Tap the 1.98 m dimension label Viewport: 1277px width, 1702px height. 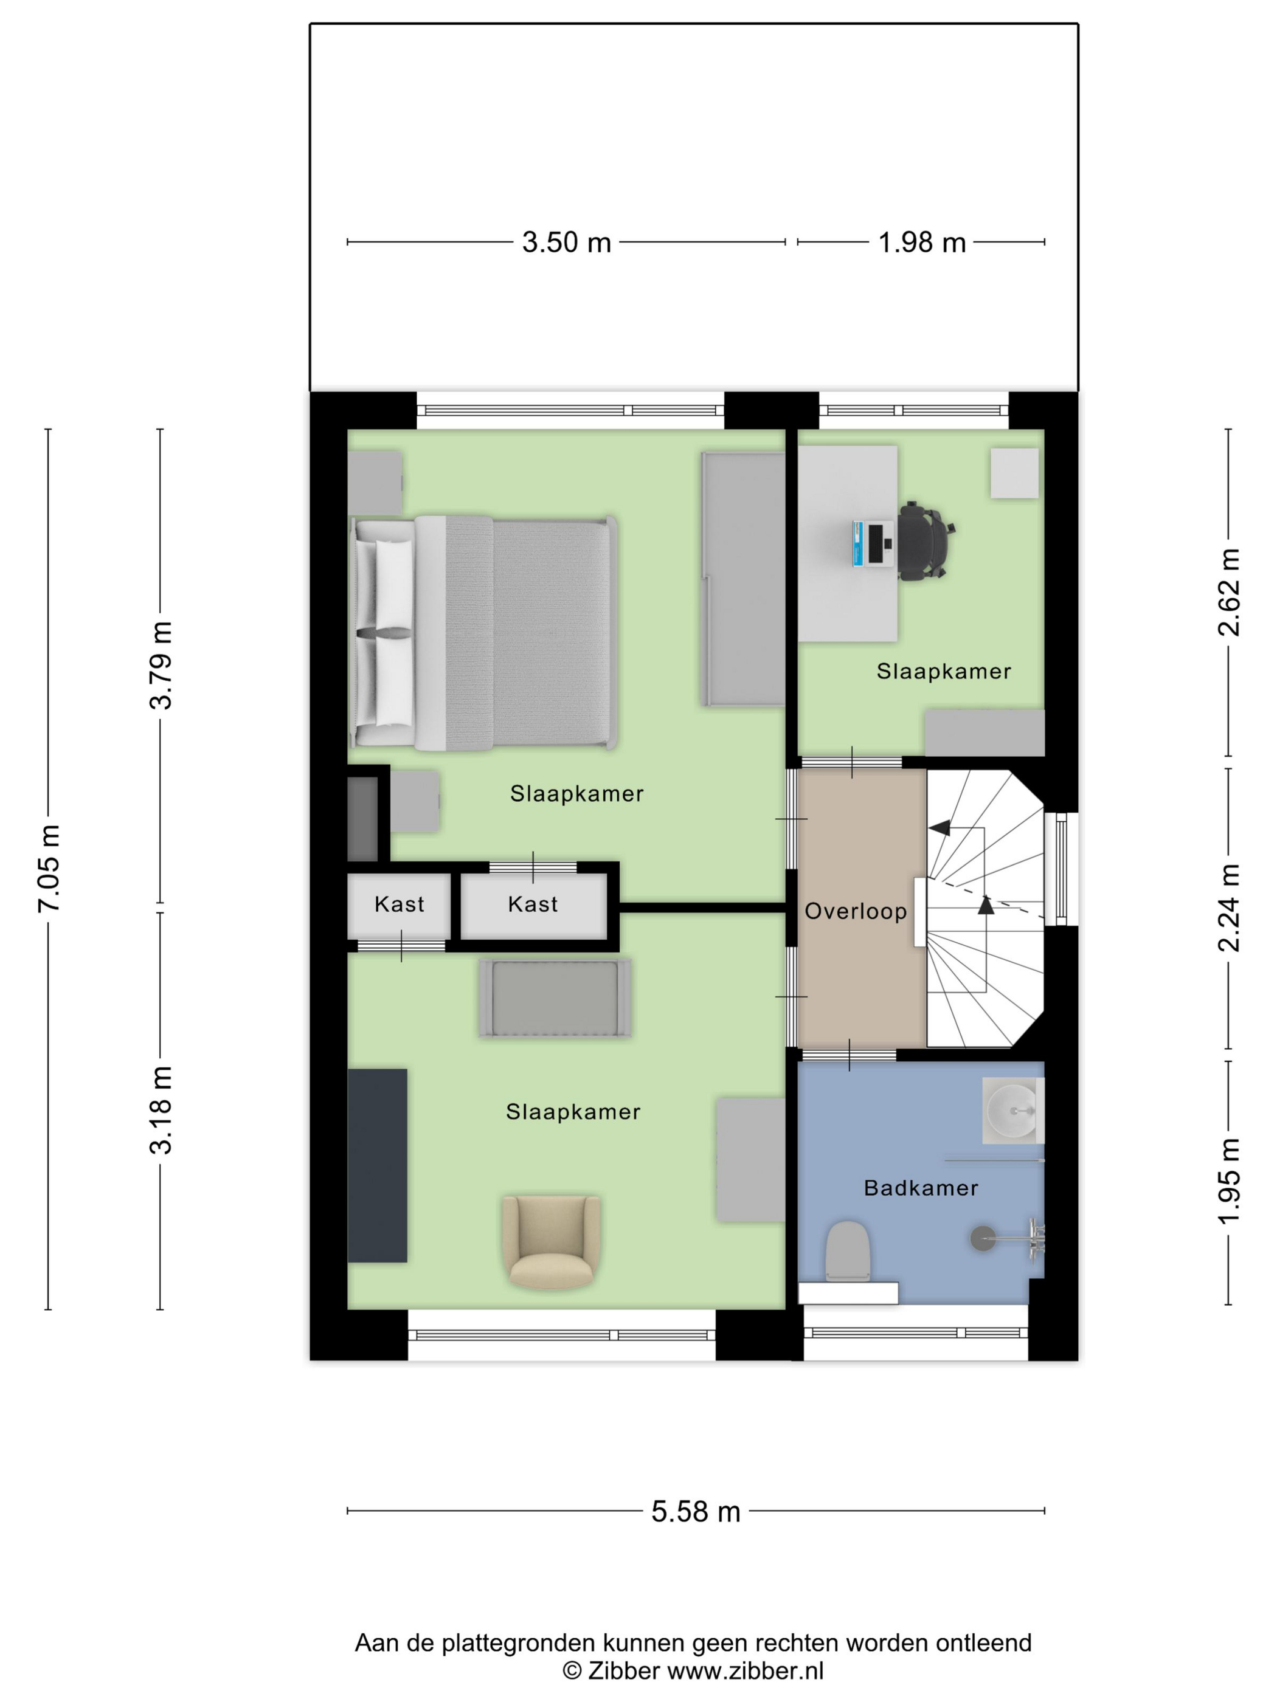921,243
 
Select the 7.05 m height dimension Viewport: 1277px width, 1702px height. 49,868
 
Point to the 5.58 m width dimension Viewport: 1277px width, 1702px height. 695,1511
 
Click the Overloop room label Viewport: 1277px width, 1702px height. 855,911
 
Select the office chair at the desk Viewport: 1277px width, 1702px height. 926,540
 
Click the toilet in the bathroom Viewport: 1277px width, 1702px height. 848,1251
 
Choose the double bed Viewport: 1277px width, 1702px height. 483,633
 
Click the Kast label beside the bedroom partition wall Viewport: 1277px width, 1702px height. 533,904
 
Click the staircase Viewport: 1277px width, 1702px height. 985,908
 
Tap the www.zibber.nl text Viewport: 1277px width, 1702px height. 745,1670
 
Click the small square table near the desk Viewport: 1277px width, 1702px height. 1014,473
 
